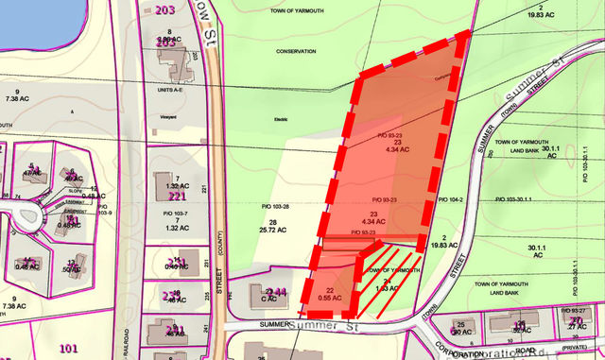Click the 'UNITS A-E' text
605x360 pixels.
167,91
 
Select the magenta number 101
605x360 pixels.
68,349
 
